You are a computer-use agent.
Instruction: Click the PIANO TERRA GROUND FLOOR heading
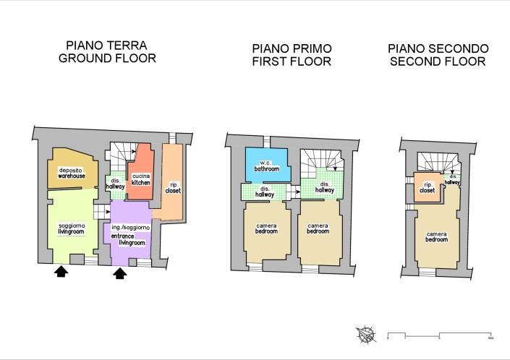(107, 51)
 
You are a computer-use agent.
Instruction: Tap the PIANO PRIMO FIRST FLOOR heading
(292, 55)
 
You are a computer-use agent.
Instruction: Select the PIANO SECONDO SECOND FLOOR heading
(438, 55)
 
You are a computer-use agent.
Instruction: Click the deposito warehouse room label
(72, 172)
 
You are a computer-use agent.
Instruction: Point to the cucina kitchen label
(141, 179)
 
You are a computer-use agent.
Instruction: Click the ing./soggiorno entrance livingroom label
(131, 235)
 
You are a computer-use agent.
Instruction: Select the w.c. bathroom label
(266, 166)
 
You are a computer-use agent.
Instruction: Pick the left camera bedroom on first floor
(266, 229)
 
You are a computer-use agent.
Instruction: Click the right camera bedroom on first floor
(318, 229)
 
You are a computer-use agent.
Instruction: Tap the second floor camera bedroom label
(436, 237)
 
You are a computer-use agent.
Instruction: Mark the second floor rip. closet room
(427, 187)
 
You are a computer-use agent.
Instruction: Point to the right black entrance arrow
(120, 273)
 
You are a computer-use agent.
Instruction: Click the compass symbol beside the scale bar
(366, 334)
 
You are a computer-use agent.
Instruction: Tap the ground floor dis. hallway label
(116, 184)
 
